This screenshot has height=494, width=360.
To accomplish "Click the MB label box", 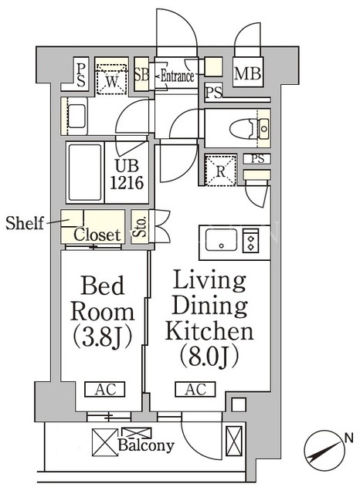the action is tap(248, 72).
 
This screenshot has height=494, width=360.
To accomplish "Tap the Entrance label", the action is tap(177, 76).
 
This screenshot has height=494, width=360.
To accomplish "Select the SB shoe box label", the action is tap(141, 74).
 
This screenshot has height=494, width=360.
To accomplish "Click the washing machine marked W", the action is tap(111, 79).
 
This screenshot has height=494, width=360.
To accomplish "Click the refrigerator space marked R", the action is tap(220, 171).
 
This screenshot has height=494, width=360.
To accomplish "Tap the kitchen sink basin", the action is tap(221, 240).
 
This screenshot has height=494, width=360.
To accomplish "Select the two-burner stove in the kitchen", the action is tap(250, 241).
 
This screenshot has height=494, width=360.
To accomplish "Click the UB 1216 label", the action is tap(127, 174).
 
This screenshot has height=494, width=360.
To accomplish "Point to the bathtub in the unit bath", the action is tap(85, 173).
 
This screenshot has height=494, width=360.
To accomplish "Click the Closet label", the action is tap(97, 235).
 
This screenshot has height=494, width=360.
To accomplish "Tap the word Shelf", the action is tap(25, 223).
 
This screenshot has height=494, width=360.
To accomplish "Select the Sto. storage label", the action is tap(140, 226).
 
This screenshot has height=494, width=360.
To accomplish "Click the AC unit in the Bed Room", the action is tap(104, 389).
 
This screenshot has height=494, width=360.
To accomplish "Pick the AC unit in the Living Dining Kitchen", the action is tap(195, 389).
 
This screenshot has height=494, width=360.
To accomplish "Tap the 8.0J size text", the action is tap(209, 358).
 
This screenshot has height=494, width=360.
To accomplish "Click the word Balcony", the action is tap(146, 445).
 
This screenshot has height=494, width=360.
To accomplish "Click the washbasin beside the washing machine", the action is tap(76, 117).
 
